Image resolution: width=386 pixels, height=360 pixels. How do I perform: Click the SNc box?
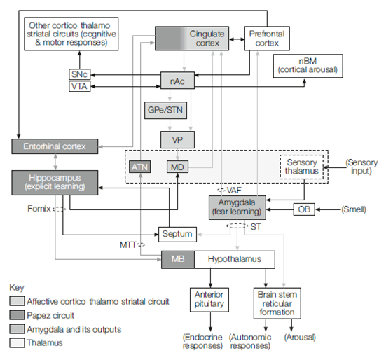pyautogui.click(x=80, y=74)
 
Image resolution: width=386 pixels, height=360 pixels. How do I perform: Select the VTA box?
pyautogui.click(x=80, y=86)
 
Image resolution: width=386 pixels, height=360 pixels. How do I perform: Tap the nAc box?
pyautogui.click(x=177, y=81)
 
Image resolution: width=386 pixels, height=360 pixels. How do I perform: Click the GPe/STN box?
pyautogui.click(x=165, y=110)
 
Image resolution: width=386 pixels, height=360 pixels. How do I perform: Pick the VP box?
pyautogui.click(x=177, y=140)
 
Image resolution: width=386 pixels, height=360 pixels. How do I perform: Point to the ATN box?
pyautogui.click(x=140, y=167)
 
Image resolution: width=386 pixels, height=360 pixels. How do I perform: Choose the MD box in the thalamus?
pyautogui.click(x=177, y=167)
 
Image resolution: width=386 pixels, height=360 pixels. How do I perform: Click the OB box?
pyautogui.click(x=304, y=209)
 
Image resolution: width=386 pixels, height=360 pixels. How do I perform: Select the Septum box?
pyautogui.click(x=177, y=234)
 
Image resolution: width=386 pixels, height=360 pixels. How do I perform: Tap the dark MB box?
pyautogui.click(x=178, y=260)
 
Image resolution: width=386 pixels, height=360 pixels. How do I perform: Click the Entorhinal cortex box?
pyautogui.click(x=55, y=146)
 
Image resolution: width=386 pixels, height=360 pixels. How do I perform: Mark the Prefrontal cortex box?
pyautogui.click(x=267, y=39)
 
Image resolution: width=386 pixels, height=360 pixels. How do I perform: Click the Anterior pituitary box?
pyautogui.click(x=209, y=300)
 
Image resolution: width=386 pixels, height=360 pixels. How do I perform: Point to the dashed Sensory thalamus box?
pyautogui.click(x=301, y=167)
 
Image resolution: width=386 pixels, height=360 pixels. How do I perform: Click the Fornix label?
pyautogui.click(x=39, y=209)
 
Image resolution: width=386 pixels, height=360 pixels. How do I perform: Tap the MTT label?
pyautogui.click(x=127, y=245)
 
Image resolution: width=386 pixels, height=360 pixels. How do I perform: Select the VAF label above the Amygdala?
pyautogui.click(x=234, y=191)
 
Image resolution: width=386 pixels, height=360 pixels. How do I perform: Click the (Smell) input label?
pyautogui.click(x=354, y=209)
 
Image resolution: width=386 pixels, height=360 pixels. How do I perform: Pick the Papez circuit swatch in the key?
pyautogui.click(x=17, y=315)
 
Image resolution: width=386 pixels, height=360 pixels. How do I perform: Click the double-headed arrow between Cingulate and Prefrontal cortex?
pyautogui.click(x=237, y=39)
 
